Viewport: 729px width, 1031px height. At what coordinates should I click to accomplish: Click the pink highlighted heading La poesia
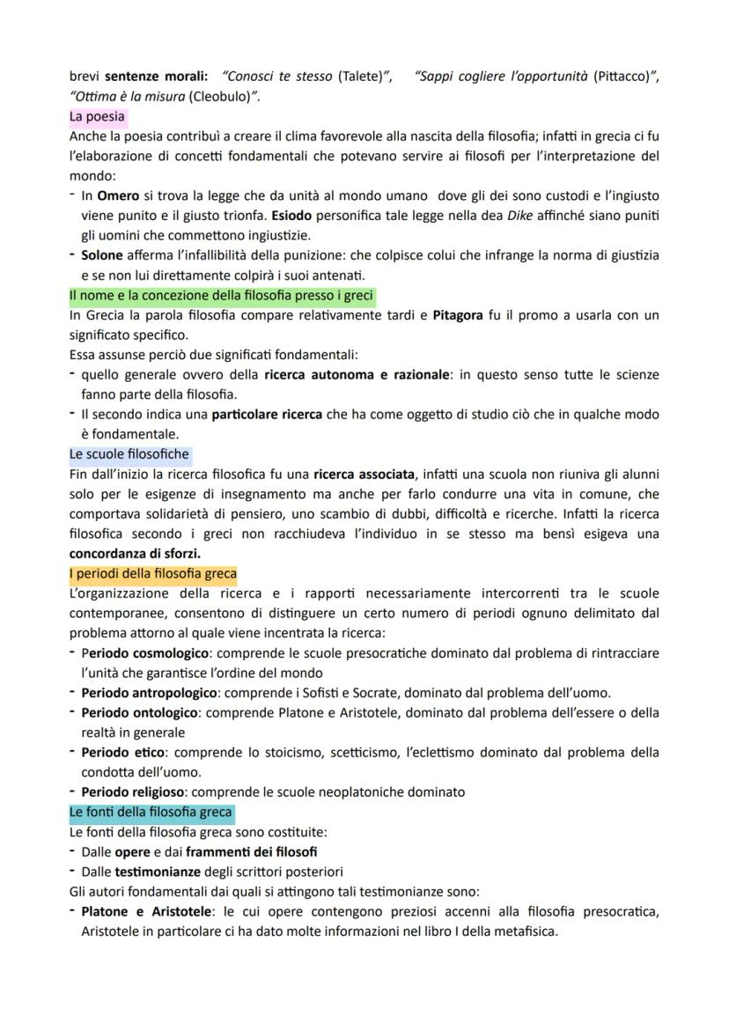(x=98, y=116)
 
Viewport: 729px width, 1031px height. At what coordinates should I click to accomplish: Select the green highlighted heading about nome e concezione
(x=222, y=296)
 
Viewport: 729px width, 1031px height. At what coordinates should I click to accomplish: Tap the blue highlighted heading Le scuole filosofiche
(x=129, y=454)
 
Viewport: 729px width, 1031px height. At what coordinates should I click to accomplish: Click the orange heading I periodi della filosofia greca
(x=152, y=574)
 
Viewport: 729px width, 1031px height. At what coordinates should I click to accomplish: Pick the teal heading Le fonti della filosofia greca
(x=151, y=812)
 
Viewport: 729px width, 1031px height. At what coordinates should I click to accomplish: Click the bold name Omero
(x=117, y=195)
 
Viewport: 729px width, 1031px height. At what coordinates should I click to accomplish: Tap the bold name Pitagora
(x=458, y=315)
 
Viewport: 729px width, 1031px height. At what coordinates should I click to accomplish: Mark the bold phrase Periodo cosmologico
(x=144, y=653)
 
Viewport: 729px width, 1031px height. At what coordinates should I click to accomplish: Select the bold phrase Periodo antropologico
(x=149, y=693)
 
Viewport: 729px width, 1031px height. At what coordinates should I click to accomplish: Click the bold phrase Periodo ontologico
(x=139, y=712)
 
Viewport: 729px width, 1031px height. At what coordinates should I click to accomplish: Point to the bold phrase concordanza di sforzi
(x=135, y=554)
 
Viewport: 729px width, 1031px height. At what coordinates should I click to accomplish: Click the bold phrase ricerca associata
(x=363, y=474)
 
